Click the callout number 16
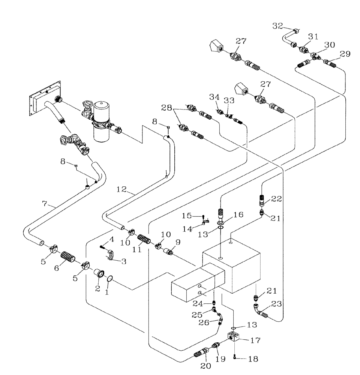click(x=238, y=214)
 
